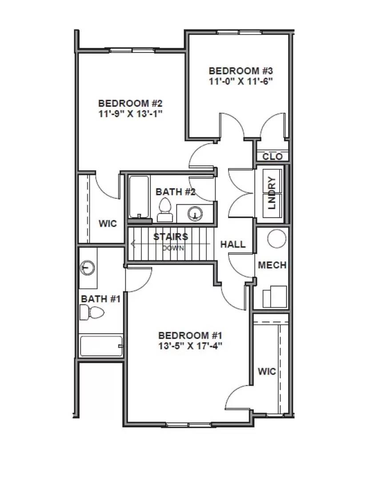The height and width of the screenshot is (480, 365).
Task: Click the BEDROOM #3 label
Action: point(240,71)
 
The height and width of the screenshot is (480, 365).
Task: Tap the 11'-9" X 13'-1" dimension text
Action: point(130,113)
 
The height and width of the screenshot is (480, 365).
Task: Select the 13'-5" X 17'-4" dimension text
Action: point(190,346)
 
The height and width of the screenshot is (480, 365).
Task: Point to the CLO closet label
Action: point(272,156)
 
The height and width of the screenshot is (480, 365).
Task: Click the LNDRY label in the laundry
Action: point(273,193)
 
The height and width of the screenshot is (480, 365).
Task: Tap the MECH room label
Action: point(272,265)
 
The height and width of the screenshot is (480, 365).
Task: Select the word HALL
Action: point(233,244)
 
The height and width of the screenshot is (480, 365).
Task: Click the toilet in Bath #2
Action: point(164,210)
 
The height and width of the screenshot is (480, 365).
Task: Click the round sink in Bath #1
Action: point(88,268)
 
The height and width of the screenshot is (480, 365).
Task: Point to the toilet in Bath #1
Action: point(91,313)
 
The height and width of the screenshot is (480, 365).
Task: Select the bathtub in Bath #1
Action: point(101,346)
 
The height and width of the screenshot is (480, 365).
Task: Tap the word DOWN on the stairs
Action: point(173,248)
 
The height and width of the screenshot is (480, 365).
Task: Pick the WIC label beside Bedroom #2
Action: point(108,223)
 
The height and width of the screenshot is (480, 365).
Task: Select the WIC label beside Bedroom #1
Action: point(267,371)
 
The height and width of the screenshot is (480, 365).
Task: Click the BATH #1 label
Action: point(100,299)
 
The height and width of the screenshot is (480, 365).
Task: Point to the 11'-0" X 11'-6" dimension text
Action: point(240,81)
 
